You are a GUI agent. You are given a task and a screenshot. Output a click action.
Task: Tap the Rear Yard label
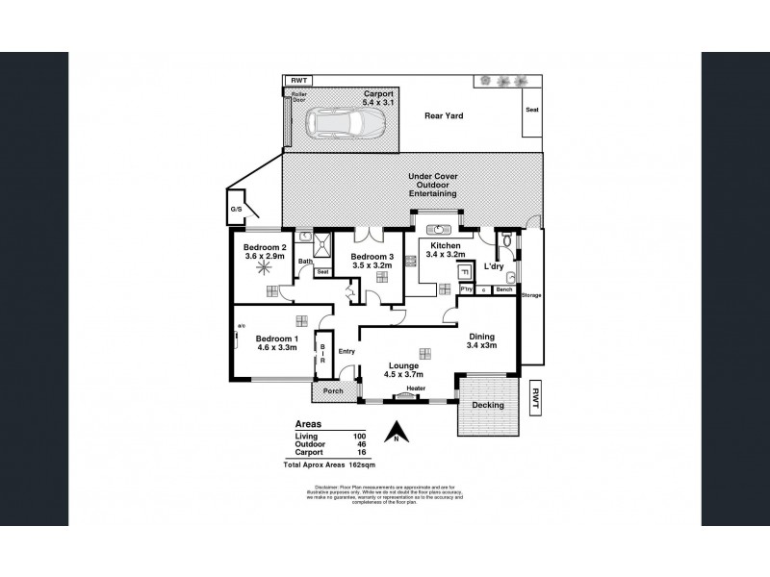point(445,115)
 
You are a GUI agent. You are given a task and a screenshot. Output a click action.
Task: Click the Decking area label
point(488,406)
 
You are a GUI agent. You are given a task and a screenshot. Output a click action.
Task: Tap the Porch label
point(333,390)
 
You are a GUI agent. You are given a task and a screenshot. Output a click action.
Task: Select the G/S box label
point(234,209)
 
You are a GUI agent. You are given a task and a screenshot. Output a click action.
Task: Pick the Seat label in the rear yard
point(532,111)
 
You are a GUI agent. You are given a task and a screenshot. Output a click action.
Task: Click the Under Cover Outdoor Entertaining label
point(432,186)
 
